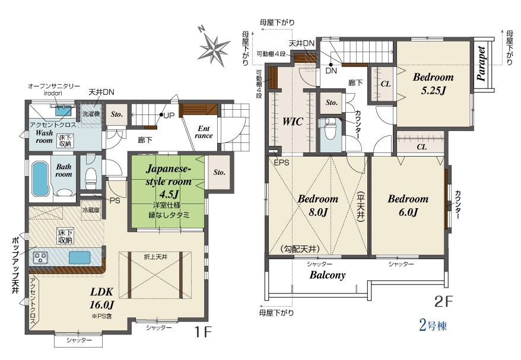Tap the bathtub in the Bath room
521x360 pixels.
(40, 179)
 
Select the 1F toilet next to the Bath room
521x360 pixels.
(91, 176)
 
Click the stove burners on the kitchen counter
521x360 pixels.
(41, 257)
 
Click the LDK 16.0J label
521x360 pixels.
(102, 298)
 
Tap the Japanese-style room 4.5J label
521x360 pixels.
(169, 181)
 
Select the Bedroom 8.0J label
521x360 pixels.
(318, 205)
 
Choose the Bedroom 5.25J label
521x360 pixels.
(433, 84)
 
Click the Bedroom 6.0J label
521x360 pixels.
(408, 205)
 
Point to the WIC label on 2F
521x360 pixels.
(293, 121)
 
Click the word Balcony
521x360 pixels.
(328, 275)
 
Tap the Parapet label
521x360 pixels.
(481, 64)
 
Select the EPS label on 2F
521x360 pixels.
(281, 163)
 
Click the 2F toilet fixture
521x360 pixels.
(330, 129)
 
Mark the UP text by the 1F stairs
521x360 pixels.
(169, 116)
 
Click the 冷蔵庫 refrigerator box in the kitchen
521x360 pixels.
(91, 209)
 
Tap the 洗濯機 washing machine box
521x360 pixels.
(91, 114)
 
